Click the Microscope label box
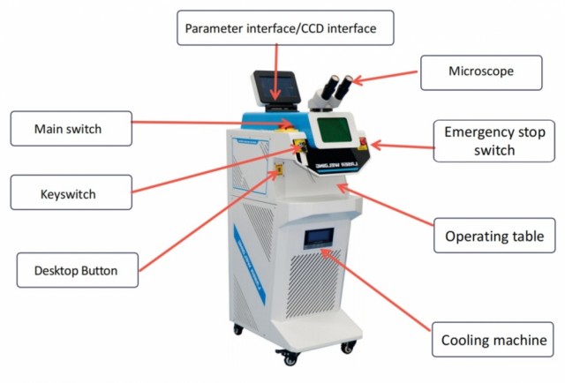(481, 72)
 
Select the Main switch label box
(71, 128)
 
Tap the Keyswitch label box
(71, 192)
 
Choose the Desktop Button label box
(77, 270)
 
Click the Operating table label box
(494, 236)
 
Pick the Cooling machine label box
(493, 340)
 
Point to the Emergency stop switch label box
(494, 141)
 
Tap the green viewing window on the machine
(335, 130)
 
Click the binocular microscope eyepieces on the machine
(335, 88)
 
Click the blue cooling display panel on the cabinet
(319, 237)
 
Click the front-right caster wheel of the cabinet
(348, 348)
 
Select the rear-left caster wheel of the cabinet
(237, 329)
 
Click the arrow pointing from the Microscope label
(385, 77)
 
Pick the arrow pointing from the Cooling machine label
(374, 289)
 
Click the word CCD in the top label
(313, 28)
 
